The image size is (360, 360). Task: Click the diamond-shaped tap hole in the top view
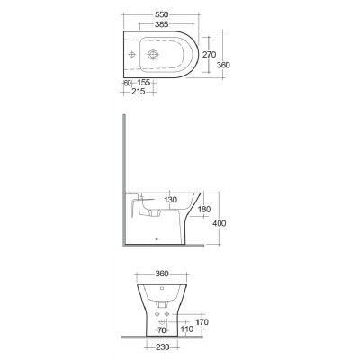[132, 54]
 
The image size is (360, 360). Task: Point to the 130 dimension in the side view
[171, 201]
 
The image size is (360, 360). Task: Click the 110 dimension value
[187, 329]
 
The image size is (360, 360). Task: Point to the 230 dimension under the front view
[162, 349]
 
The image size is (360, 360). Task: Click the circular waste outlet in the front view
[162, 321]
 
